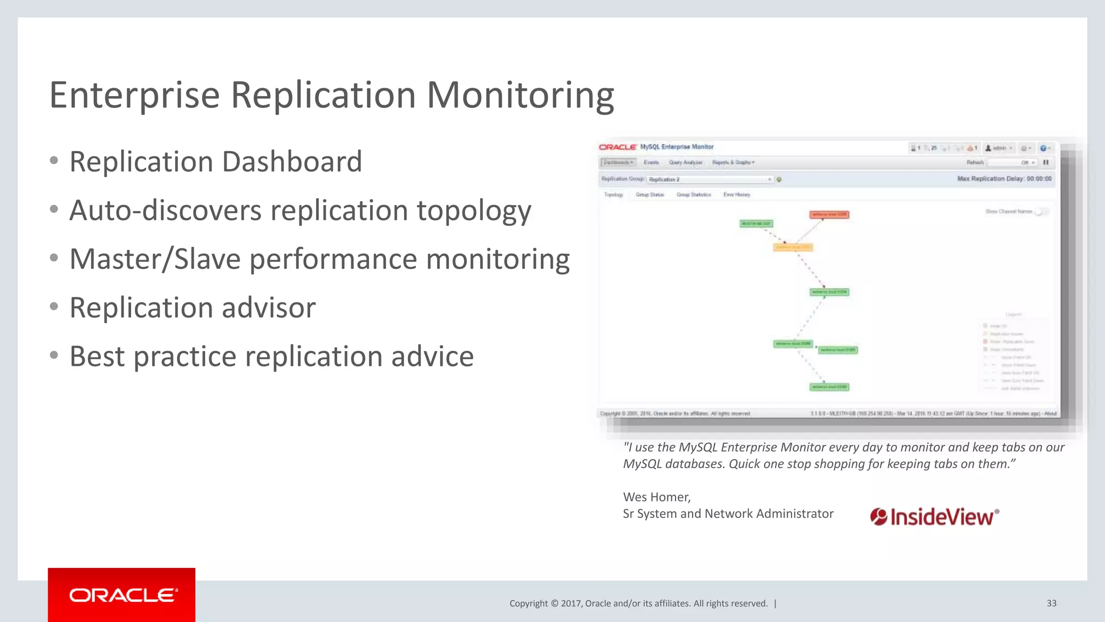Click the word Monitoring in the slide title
pyautogui.click(x=520, y=96)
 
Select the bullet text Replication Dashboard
pyautogui.click(x=216, y=162)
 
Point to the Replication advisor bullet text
pyautogui.click(x=193, y=308)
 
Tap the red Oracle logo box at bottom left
pyautogui.click(x=121, y=594)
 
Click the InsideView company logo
pyautogui.click(x=935, y=517)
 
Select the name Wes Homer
pyautogui.click(x=656, y=497)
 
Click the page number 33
pyautogui.click(x=1051, y=603)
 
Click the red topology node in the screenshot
pyautogui.click(x=829, y=214)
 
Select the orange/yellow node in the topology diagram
pyautogui.click(x=793, y=247)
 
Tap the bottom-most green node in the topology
pyautogui.click(x=829, y=387)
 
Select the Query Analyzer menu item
pyautogui.click(x=685, y=163)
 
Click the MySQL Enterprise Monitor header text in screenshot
pyautogui.click(x=677, y=147)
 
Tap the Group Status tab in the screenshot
pyautogui.click(x=649, y=194)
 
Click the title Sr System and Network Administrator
pyautogui.click(x=728, y=513)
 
